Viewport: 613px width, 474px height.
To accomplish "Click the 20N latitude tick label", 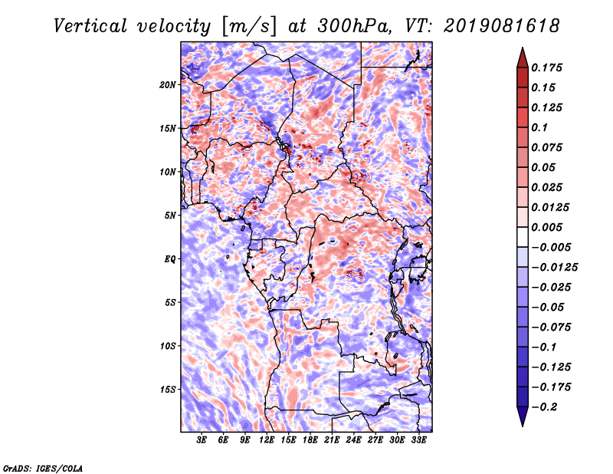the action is click(x=168, y=85).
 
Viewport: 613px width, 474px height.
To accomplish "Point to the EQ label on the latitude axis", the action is click(x=170, y=259).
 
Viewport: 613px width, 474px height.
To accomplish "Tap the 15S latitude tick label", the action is click(x=168, y=390).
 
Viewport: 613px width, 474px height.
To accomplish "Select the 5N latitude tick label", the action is click(x=170, y=216).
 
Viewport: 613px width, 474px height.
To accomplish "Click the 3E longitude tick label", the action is click(x=202, y=440).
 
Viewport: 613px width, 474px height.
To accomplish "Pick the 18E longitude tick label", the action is click(x=310, y=440).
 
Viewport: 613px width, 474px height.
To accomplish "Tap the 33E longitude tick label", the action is click(x=418, y=440).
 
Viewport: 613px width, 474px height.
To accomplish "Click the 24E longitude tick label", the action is click(x=353, y=440).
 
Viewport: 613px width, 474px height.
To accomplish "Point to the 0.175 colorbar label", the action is click(x=546, y=67).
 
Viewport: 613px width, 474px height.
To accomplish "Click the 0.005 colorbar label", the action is click(x=546, y=227).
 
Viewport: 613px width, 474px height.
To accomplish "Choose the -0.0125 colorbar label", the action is click(x=554, y=268).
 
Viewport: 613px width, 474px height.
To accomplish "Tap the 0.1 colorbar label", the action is click(x=539, y=127).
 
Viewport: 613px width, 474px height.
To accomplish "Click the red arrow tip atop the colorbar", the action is click(x=523, y=48).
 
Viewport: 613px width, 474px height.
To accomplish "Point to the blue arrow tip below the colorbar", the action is click(x=523, y=426).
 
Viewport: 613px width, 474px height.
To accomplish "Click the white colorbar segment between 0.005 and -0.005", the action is click(x=523, y=237).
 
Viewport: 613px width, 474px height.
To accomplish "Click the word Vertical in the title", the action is click(x=90, y=27).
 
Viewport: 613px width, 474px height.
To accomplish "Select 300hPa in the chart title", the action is click(x=353, y=27).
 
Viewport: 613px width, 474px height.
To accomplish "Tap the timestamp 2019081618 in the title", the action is click(x=502, y=27).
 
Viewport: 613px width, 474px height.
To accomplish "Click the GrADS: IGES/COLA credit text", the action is click(x=43, y=469).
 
